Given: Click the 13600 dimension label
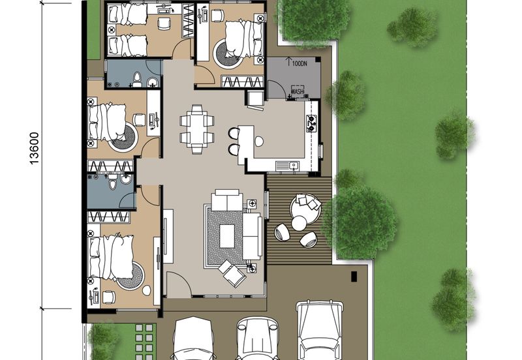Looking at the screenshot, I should click(34, 149).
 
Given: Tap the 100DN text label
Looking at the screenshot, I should click(299, 65).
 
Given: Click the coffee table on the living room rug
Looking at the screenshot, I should click(227, 235).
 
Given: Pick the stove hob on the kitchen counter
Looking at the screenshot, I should click(311, 123).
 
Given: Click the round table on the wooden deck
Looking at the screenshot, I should click(299, 223).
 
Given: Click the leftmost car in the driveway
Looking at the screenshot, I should click(194, 339).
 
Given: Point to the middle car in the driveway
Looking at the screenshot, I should click(258, 339).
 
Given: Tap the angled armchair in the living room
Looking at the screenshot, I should click(232, 273).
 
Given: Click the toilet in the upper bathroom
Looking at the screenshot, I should click(137, 80).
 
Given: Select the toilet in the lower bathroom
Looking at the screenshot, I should click(114, 184).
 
